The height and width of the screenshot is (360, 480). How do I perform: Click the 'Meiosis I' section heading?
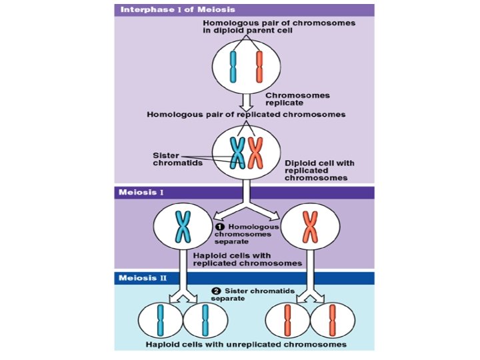tap(141, 193)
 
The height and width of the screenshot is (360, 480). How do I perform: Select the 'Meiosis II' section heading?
tap(143, 278)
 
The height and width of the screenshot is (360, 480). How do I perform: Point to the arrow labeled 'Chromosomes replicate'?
tap(245, 101)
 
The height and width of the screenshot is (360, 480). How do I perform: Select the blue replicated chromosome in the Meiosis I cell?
tap(182, 227)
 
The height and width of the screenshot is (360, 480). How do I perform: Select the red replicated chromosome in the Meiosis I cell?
tap(309, 227)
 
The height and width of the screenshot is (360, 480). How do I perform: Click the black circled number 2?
tap(216, 291)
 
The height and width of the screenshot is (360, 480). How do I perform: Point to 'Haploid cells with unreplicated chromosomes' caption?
tap(247, 345)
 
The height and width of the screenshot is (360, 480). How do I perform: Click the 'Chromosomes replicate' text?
tap(297, 99)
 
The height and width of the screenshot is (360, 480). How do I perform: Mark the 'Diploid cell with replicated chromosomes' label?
tap(319, 170)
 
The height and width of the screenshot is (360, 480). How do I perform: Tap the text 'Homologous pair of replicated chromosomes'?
tap(246, 115)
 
